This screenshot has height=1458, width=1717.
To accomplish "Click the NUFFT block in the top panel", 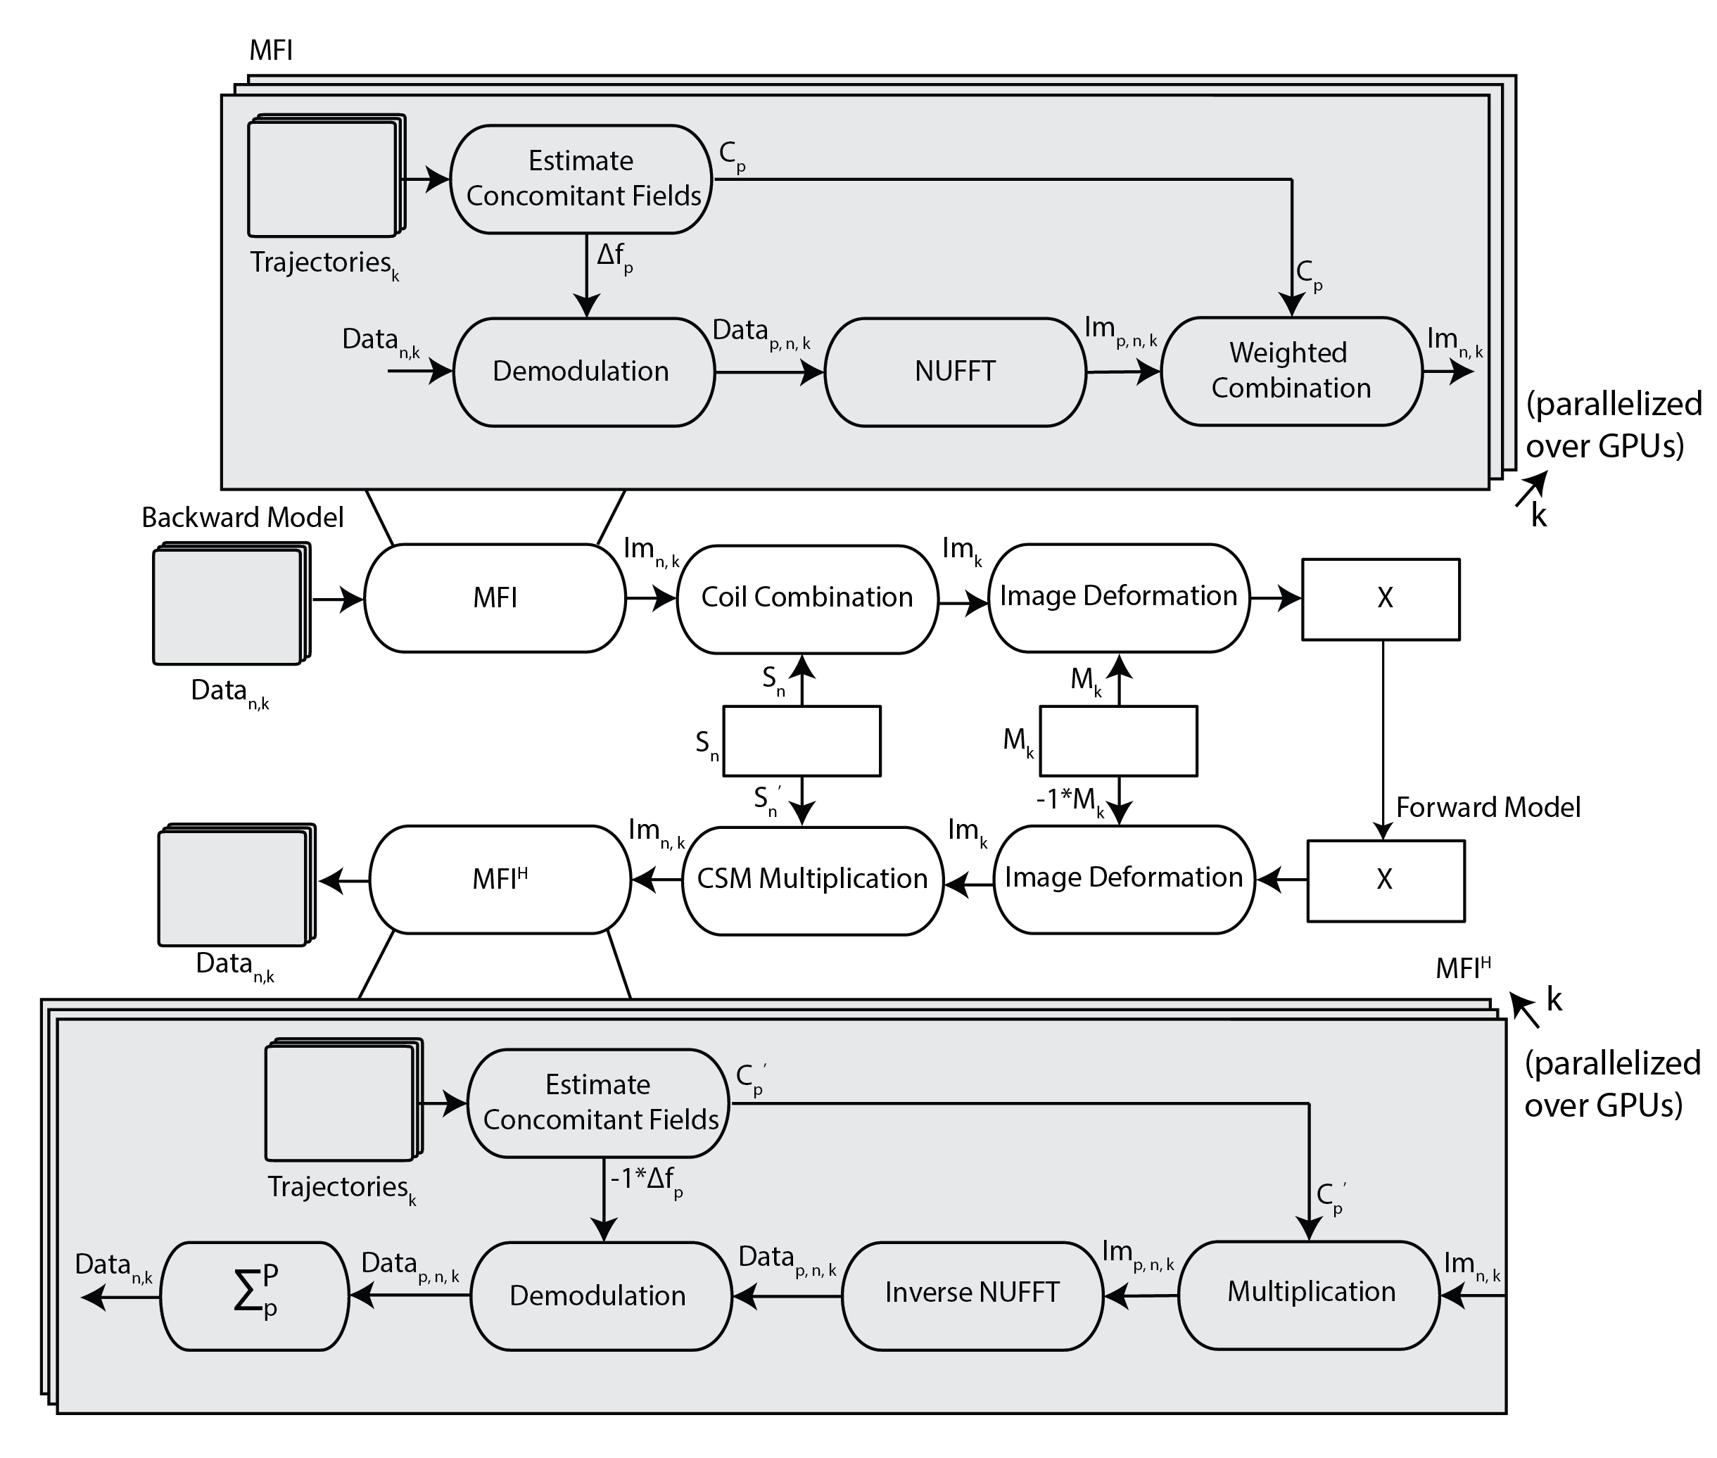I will click(954, 372).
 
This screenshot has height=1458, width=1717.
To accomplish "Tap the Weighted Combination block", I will click(1291, 371).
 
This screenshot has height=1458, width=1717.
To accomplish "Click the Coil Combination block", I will click(807, 598).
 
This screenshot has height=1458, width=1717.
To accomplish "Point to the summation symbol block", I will click(254, 1295).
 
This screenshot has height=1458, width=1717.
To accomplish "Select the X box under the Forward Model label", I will click(1385, 880).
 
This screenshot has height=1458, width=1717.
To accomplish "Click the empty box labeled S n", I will click(801, 740).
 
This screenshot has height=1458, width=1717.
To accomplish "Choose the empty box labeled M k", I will click(1117, 740).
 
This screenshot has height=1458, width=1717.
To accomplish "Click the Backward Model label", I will click(242, 517).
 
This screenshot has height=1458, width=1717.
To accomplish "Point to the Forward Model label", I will click(1487, 806).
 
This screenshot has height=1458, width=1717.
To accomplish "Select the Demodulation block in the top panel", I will click(583, 372).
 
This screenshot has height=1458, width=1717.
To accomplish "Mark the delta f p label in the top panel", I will click(614, 257).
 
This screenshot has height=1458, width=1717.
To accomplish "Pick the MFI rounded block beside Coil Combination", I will click(495, 598).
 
